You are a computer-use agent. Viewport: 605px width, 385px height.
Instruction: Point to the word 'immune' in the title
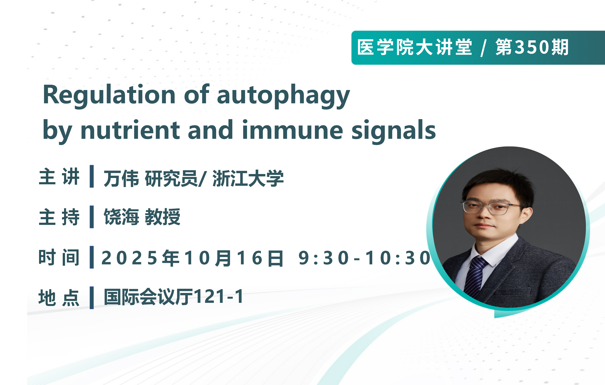[x=292, y=130]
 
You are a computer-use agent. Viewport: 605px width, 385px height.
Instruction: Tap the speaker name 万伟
[x=121, y=178]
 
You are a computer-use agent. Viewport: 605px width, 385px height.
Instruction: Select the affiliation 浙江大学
[x=248, y=178]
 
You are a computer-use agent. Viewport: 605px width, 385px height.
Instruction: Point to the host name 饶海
[x=121, y=217]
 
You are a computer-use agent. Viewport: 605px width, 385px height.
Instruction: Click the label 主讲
[x=59, y=176]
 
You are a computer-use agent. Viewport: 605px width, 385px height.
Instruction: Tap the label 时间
[x=59, y=257]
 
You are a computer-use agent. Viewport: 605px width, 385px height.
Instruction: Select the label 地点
[x=59, y=298]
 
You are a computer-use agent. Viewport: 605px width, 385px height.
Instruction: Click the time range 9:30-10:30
[x=364, y=258]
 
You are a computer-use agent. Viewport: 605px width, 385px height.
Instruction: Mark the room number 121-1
[x=219, y=297]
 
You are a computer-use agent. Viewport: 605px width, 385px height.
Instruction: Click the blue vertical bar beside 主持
[x=92, y=217]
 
